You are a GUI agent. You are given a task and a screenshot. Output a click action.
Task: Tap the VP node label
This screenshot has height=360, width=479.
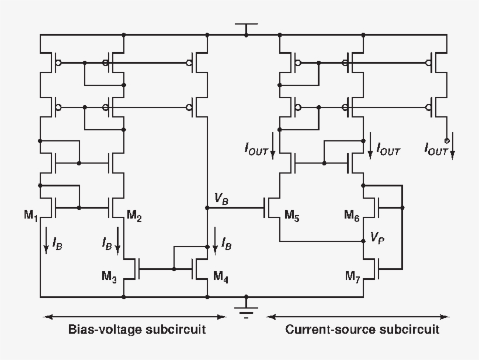376,238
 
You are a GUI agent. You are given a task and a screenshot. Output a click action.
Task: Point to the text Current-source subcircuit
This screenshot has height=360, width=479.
362,330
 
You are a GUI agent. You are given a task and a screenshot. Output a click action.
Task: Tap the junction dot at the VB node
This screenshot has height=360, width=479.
207,207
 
